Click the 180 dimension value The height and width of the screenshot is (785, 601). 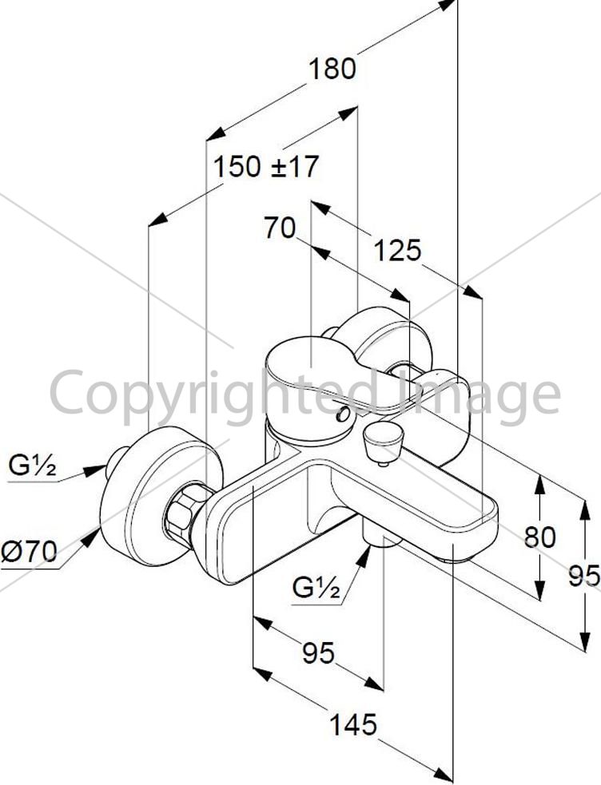(x=332, y=69)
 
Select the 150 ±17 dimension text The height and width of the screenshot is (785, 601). (x=266, y=166)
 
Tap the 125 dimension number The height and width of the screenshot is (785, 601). (x=398, y=250)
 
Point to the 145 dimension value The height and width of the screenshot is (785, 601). (x=353, y=724)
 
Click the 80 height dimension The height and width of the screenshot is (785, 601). (x=540, y=537)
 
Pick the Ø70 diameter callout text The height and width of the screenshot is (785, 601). (x=29, y=552)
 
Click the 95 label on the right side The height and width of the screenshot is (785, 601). (x=584, y=576)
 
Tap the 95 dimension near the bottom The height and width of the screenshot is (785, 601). (x=319, y=652)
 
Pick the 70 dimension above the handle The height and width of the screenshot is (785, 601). (x=280, y=228)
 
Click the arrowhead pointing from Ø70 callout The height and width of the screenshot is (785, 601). (x=91, y=536)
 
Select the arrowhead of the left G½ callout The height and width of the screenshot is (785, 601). (x=95, y=470)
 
